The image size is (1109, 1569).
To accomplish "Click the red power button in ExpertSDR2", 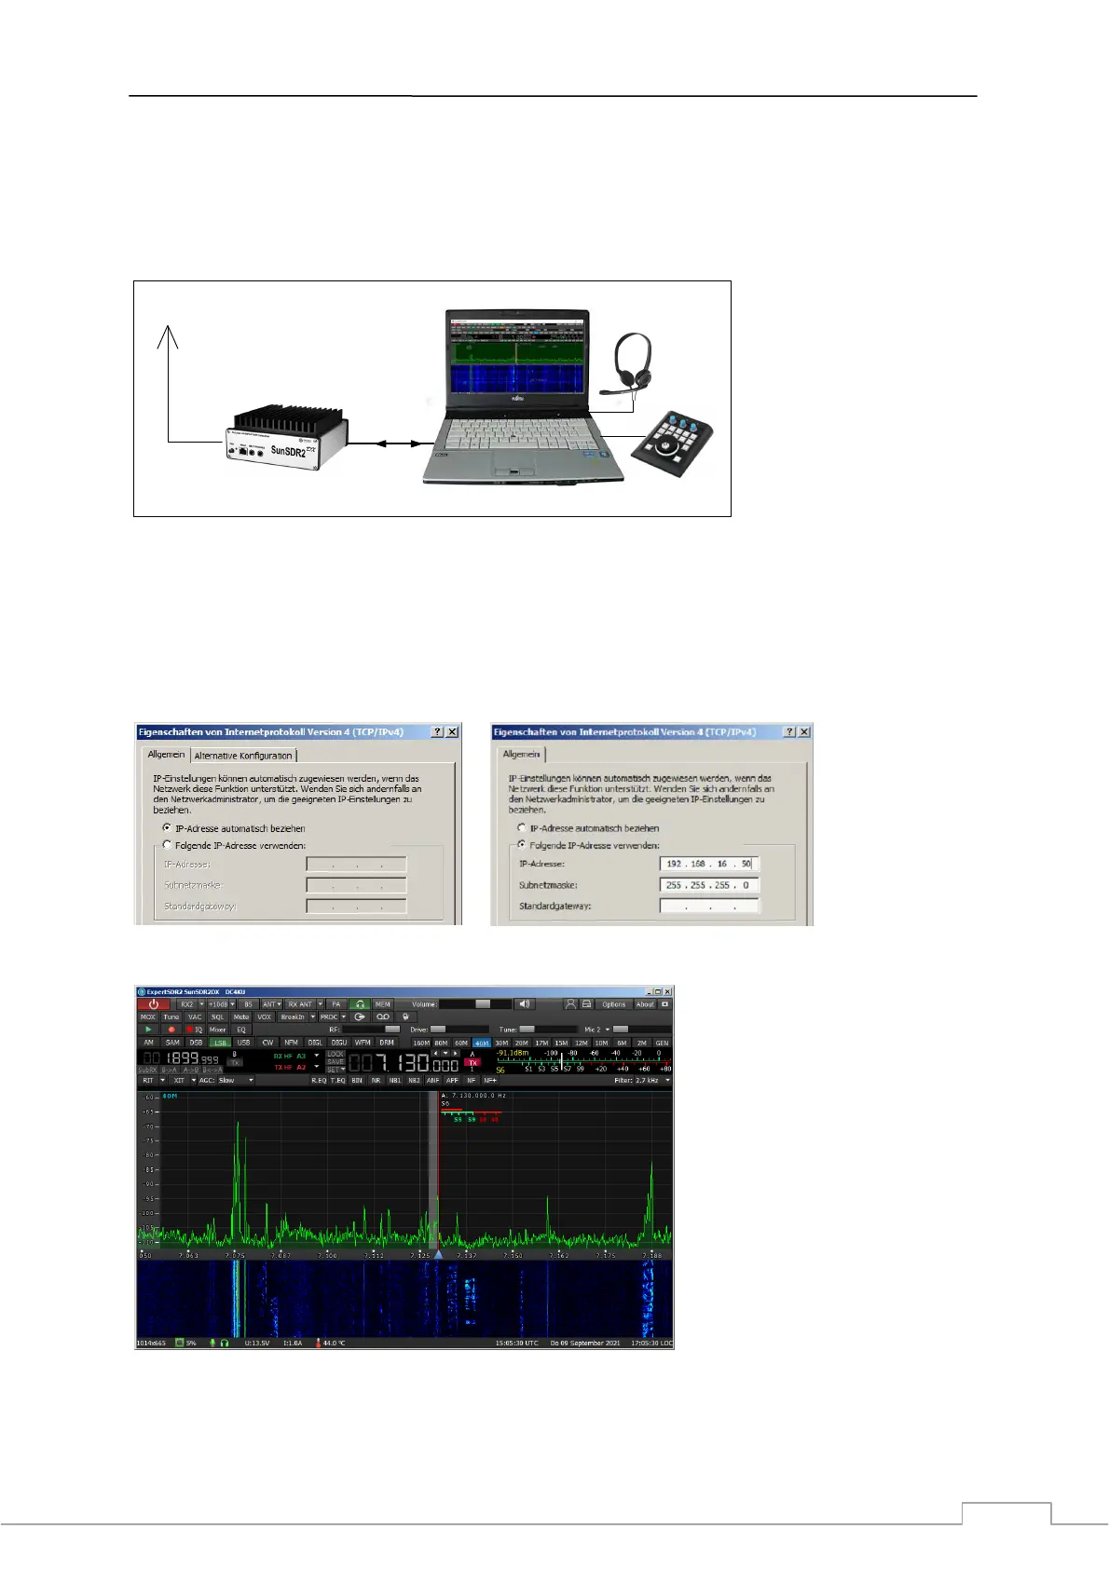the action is pos(154,1004).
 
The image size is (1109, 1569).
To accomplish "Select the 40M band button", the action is pos(481,1043).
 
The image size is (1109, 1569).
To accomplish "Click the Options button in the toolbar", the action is pos(613,1004).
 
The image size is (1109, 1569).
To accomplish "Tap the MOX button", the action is pos(148,1017).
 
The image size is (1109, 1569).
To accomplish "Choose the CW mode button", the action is pos(267,1043).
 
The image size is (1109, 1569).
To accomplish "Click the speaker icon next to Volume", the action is pos(525,1004).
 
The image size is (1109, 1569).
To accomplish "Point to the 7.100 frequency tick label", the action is pos(327,1256).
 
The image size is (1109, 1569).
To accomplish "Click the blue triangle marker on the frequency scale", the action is pos(438,1254).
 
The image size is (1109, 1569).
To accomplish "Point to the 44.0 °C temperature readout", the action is pos(334,1343).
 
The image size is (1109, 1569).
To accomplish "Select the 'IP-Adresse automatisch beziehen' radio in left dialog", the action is pos(168,827).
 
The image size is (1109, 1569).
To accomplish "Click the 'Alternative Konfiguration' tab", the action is pos(243,756).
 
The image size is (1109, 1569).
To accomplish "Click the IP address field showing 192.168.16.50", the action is pos(709,864).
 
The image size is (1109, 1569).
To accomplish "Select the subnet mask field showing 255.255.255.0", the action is pos(709,885).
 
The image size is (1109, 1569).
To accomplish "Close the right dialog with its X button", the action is pos(804,732).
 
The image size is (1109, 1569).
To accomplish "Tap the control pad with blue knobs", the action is pos(673,443).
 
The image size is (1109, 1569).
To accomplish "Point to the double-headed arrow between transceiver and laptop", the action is pos(395,444).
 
